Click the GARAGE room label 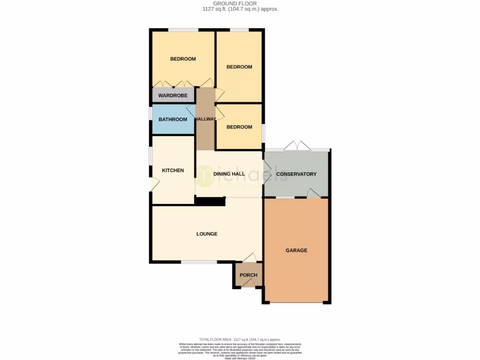pos(296,250)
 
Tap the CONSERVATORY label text pos(296,174)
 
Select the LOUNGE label pos(207,234)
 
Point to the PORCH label pos(248,275)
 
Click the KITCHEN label pos(173,171)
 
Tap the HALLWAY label pos(205,119)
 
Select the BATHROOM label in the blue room pos(172,120)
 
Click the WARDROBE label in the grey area pos(172,96)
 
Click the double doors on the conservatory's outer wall pos(297,146)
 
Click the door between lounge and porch pos(249,257)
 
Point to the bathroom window pos(151,120)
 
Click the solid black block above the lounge pos(210,201)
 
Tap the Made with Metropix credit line pos(240,359)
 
